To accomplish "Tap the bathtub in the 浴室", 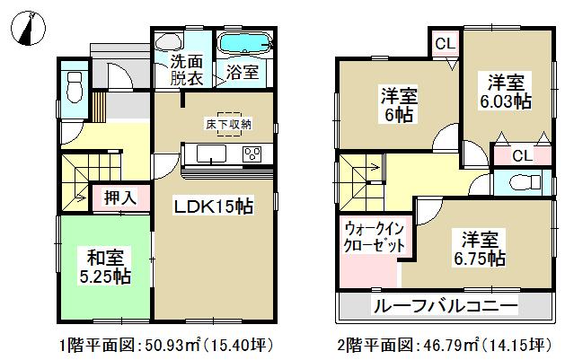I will (x=244, y=43).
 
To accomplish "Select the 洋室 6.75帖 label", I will (x=483, y=249).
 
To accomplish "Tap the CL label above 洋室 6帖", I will (x=445, y=44).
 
